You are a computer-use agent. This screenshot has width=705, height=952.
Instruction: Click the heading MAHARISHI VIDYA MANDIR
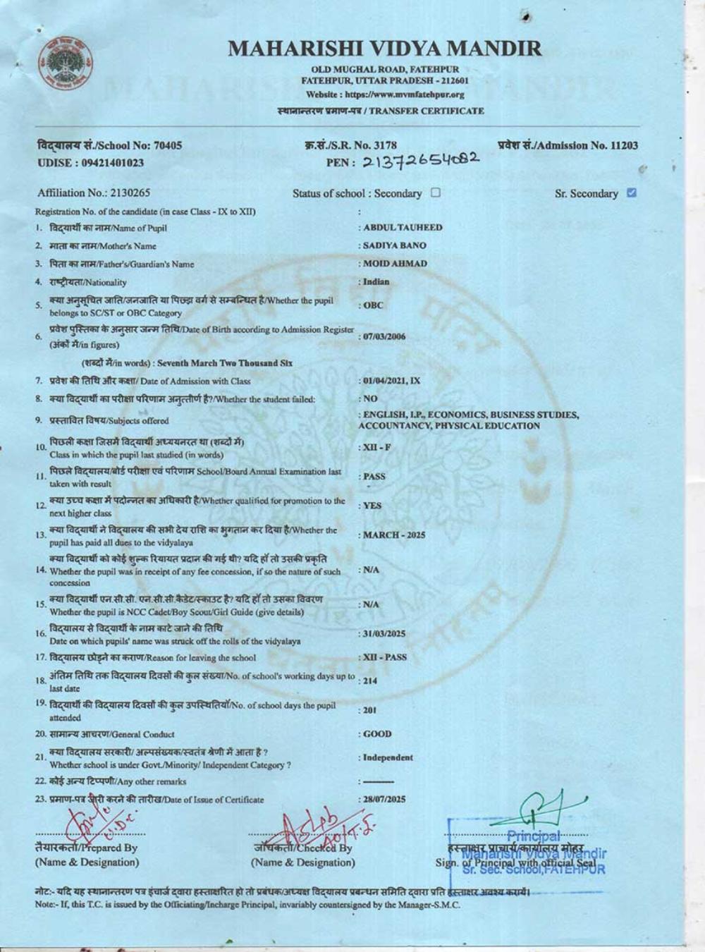pyautogui.click(x=385, y=48)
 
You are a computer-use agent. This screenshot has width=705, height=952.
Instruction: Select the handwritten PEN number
pyautogui.click(x=421, y=161)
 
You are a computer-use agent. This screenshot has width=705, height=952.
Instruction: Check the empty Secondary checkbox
pyautogui.click(x=435, y=193)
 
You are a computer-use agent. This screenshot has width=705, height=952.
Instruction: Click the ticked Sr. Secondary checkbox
pyautogui.click(x=632, y=193)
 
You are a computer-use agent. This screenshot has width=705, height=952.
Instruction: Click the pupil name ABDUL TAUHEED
pyautogui.click(x=403, y=227)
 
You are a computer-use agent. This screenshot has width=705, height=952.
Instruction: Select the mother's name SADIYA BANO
pyautogui.click(x=395, y=245)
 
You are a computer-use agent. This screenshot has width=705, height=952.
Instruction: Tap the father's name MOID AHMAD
pyautogui.click(x=395, y=264)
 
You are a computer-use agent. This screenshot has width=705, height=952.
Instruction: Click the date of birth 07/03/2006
pyautogui.click(x=384, y=336)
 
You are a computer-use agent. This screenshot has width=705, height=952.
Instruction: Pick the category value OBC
pyautogui.click(x=373, y=305)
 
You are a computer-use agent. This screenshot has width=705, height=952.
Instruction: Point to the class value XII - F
pyautogui.click(x=377, y=448)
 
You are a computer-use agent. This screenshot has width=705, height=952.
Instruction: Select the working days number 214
pyautogui.click(x=370, y=681)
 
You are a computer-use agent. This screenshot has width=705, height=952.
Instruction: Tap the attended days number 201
pyautogui.click(x=370, y=710)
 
